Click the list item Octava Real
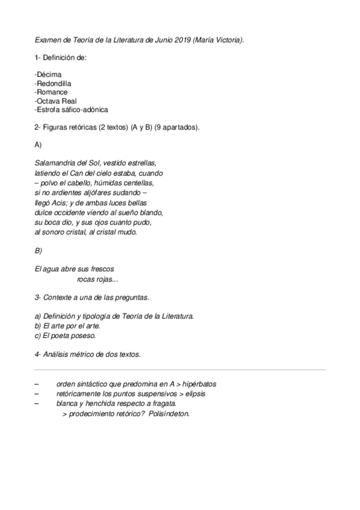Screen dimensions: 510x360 click(56, 101)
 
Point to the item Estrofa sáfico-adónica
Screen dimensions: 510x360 click(72, 110)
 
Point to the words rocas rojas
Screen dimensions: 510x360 click(98, 279)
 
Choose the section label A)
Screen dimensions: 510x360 click(38, 145)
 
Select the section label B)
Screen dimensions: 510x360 click(38, 250)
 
